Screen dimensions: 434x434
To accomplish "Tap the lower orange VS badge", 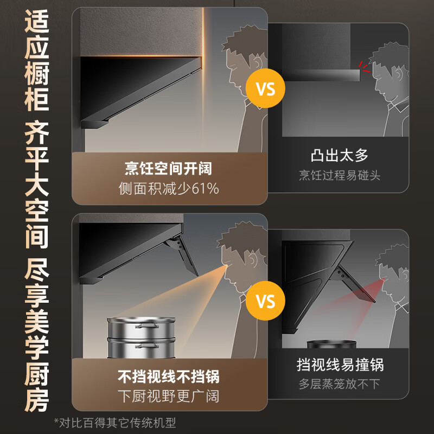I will (265, 301).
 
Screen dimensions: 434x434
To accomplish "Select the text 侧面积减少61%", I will (169, 188).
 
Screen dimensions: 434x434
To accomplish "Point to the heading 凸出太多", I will (340, 156).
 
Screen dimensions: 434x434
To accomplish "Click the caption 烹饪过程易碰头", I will (340, 175).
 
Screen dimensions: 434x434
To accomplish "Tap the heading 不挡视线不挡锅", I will (169, 376).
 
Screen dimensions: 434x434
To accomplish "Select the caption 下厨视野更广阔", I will (169, 396).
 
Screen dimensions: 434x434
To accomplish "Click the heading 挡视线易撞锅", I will (340, 364).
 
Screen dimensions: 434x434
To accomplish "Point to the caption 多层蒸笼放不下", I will (340, 384).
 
